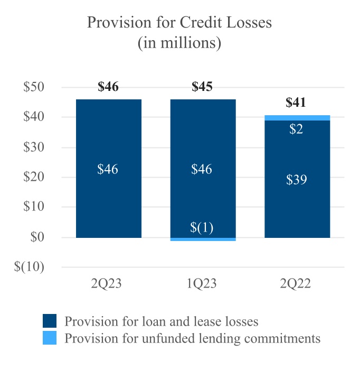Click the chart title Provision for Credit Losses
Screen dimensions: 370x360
click(179, 23)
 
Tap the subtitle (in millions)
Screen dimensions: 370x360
click(179, 43)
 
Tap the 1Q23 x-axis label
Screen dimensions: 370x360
click(202, 284)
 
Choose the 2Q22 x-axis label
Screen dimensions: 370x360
click(297, 284)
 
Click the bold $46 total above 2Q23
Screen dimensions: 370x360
click(108, 87)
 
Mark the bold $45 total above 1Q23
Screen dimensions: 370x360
click(202, 87)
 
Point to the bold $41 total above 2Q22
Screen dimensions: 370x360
click(296, 103)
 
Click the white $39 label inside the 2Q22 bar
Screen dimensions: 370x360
click(297, 180)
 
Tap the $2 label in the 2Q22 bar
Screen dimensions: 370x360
click(297, 129)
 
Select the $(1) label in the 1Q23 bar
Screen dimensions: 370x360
click(202, 228)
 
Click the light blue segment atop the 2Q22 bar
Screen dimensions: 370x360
click(297, 117)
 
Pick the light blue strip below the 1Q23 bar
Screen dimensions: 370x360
click(203, 239)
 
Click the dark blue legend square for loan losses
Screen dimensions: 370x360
click(50, 321)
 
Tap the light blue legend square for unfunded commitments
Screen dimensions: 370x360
click(50, 338)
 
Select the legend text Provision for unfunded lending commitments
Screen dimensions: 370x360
click(192, 338)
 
